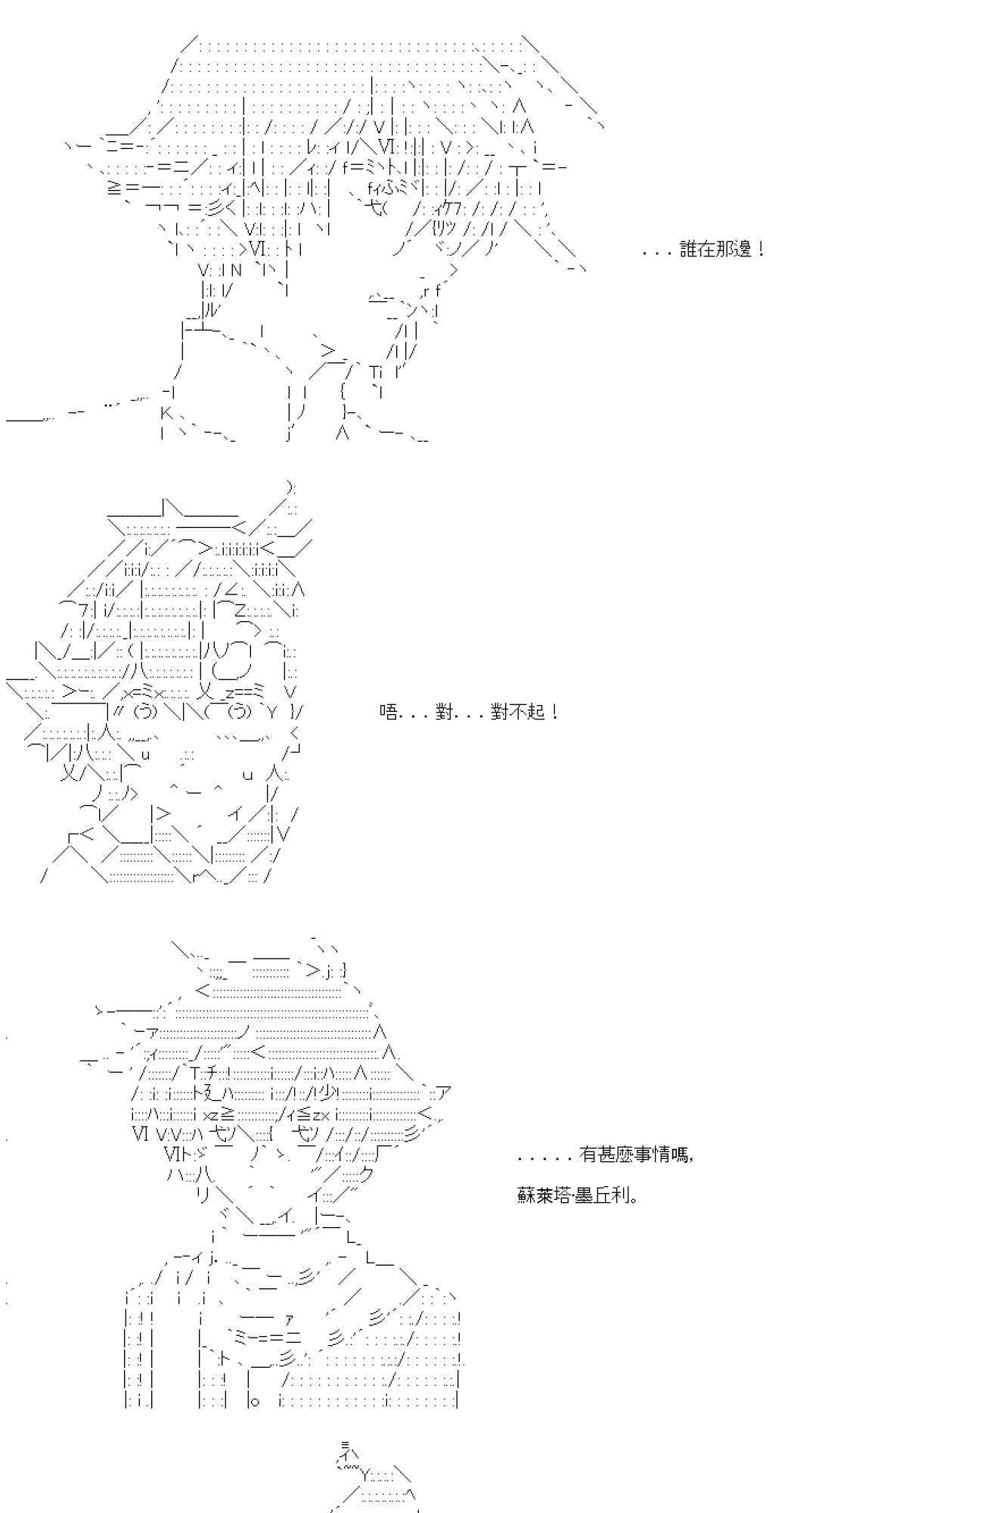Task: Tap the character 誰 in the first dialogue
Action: point(688,250)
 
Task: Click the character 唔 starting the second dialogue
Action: point(388,712)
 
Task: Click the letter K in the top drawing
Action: point(167,413)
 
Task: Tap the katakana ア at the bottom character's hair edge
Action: point(444,1092)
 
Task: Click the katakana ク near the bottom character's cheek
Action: point(367,1175)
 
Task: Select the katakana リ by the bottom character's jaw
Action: point(202,1195)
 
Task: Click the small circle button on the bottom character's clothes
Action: point(255,1402)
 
